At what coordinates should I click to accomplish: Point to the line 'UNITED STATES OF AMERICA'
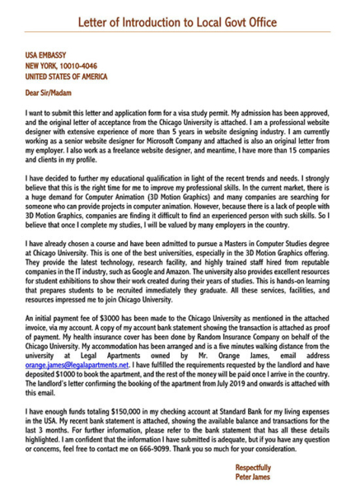coord(67,76)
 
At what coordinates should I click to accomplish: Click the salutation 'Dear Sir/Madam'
coord(52,93)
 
